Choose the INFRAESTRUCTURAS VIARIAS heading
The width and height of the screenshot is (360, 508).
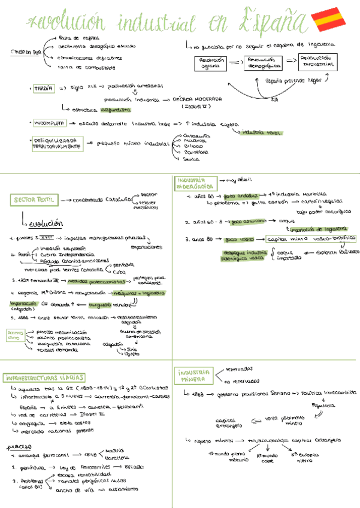point(44,379)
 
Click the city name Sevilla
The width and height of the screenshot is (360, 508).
point(191,159)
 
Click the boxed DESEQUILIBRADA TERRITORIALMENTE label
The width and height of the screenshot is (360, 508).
point(57,143)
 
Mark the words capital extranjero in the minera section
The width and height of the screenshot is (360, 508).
point(228,423)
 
